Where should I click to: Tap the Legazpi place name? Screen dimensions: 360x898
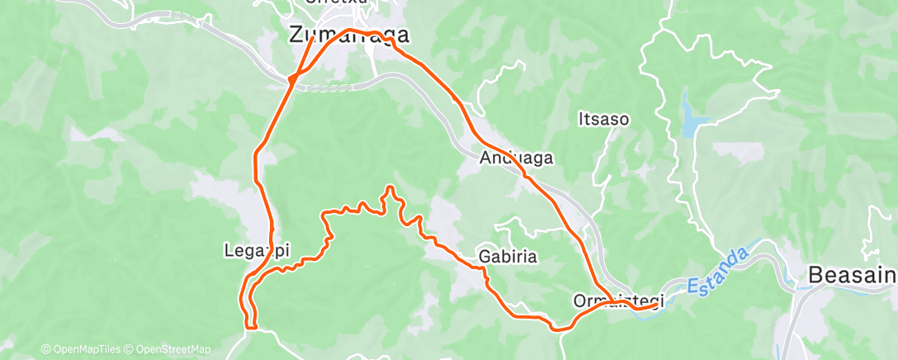pyautogui.click(x=257, y=249)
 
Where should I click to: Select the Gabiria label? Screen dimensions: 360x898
pyautogui.click(x=508, y=257)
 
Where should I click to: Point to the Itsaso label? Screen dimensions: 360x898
pyautogui.click(x=603, y=120)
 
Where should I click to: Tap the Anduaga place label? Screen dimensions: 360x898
pyautogui.click(x=517, y=157)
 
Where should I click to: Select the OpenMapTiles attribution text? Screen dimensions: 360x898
pyautogui.click(x=83, y=349)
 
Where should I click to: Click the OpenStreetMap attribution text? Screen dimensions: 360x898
pyautogui.click(x=169, y=349)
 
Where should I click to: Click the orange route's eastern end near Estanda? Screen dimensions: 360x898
pyautogui.click(x=656, y=305)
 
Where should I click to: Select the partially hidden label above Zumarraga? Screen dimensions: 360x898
pyautogui.click(x=337, y=2)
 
